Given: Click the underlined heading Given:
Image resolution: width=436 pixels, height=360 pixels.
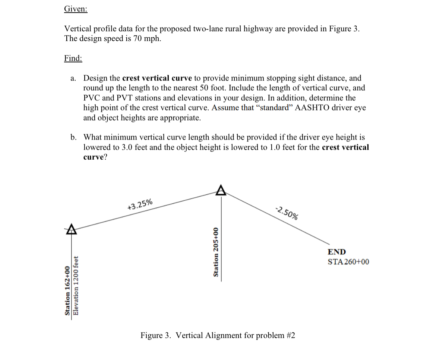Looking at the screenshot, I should click(76, 9).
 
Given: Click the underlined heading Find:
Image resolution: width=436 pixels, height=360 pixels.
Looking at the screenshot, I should click(73, 59).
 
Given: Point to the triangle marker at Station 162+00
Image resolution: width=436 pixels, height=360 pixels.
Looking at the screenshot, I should click(71, 229).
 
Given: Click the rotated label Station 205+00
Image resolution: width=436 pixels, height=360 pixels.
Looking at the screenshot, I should click(215, 252).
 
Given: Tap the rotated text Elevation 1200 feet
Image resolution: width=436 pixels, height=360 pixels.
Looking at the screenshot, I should click(76, 285).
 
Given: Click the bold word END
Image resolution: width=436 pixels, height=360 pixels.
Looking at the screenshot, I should click(337, 252).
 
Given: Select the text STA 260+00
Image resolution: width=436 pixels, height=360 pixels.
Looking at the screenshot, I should click(348, 262).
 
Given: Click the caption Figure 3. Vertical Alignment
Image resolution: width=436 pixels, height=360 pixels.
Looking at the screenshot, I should click(218, 335).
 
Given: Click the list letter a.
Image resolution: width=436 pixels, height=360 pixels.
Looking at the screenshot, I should click(73, 78).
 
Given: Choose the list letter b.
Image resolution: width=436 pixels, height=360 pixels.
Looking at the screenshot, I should click(73, 137).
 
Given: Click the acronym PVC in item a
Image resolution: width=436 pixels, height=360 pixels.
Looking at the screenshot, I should click(92, 98).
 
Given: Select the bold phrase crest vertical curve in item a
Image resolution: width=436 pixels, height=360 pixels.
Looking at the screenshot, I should click(157, 78).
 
